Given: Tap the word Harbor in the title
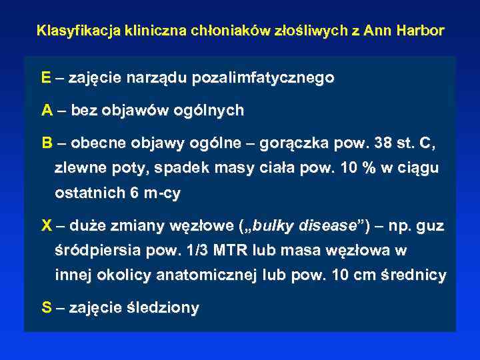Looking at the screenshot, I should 422,31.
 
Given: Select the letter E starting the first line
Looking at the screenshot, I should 45,78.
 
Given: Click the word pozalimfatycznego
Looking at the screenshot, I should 263,78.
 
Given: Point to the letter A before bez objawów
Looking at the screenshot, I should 46,110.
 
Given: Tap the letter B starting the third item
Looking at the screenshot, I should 46,143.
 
